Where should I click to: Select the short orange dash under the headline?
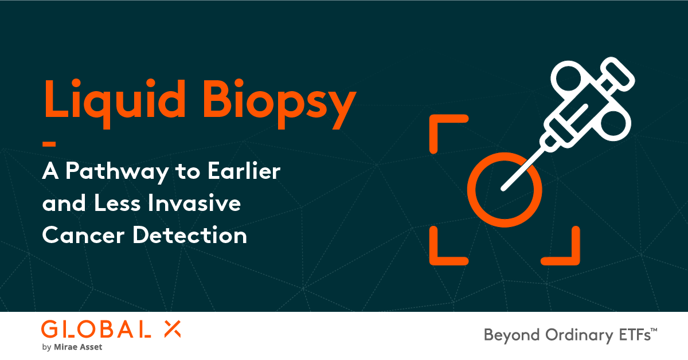[49, 143]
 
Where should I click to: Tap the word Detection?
[190, 236]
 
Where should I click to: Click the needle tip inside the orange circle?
[505, 187]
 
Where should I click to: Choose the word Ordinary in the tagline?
[568, 336]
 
